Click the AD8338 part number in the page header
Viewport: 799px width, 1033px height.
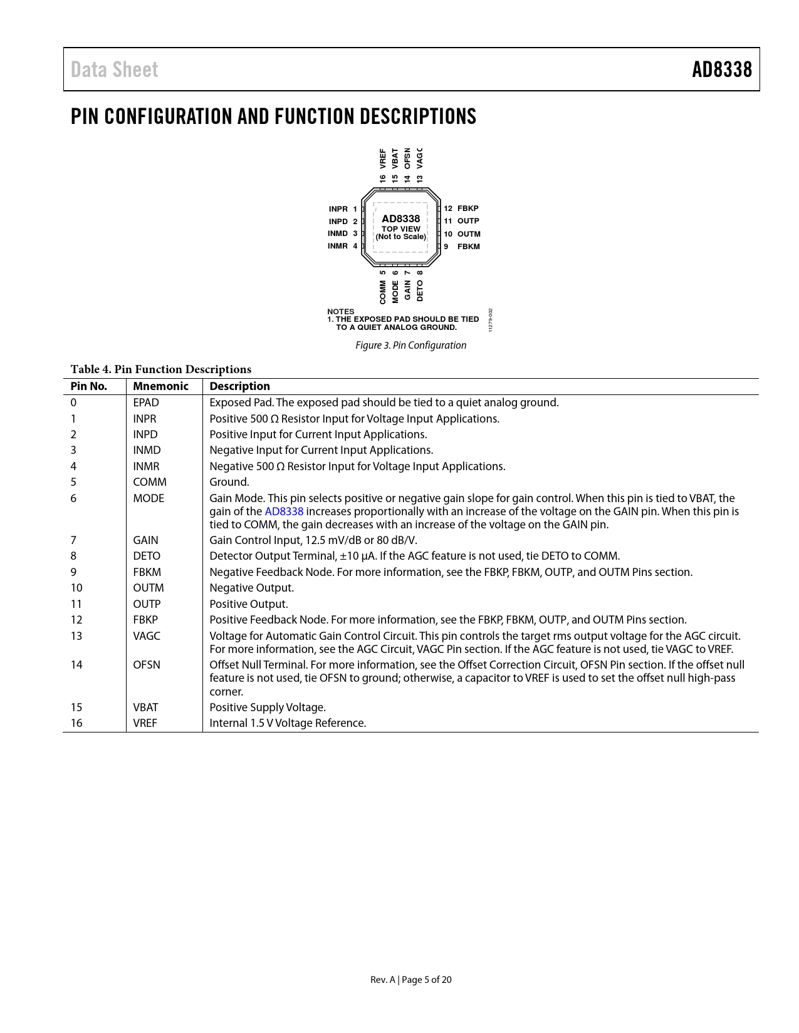pos(721,69)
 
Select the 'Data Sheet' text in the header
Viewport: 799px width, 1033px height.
pos(114,69)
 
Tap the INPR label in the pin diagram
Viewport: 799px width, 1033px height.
pos(338,209)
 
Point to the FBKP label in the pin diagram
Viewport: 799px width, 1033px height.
pos(467,208)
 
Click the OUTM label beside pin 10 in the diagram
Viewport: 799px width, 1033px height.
pos(468,234)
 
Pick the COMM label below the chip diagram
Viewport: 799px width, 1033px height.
pos(383,292)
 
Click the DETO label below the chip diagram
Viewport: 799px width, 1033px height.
pos(420,290)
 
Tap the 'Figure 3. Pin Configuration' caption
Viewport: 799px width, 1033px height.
pos(410,345)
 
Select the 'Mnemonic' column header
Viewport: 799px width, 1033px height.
pos(160,386)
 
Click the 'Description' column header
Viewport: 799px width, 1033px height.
pos(239,386)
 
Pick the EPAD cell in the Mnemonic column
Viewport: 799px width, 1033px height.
pos(146,403)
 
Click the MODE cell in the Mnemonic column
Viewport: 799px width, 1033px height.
pos(149,498)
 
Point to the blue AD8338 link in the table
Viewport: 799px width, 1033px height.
pos(284,511)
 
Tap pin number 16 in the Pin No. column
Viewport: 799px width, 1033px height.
pos(76,723)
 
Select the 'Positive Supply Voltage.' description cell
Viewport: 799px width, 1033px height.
pos(268,707)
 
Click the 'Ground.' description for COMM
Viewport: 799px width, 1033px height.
pos(229,482)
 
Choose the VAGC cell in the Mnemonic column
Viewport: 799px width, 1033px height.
pos(147,636)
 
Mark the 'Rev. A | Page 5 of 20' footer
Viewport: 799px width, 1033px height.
pos(410,980)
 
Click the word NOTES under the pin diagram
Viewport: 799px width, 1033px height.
pos(340,311)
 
